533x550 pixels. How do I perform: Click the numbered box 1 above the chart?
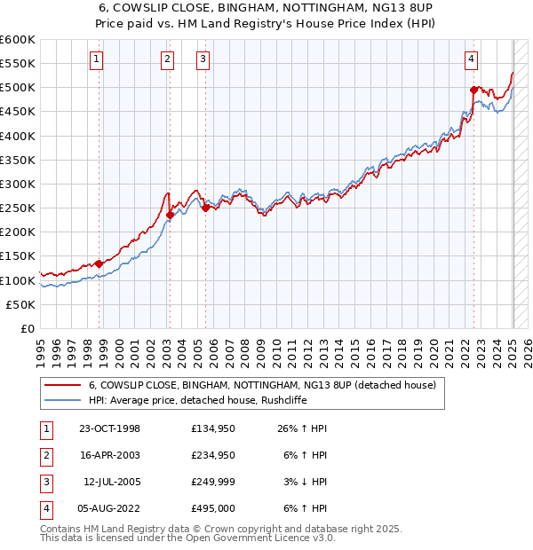pos(97,59)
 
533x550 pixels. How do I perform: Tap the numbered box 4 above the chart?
pos(471,59)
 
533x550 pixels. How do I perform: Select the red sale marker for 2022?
pos(474,90)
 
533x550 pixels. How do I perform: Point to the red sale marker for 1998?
pos(99,263)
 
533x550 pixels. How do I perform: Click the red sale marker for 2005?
pos(205,208)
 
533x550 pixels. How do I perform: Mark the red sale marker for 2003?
pos(170,215)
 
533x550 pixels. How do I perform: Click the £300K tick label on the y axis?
pos(18,184)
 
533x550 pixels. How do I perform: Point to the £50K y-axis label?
pos(20,304)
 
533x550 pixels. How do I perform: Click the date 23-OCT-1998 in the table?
pos(109,428)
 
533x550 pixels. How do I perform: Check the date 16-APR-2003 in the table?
pos(109,455)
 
